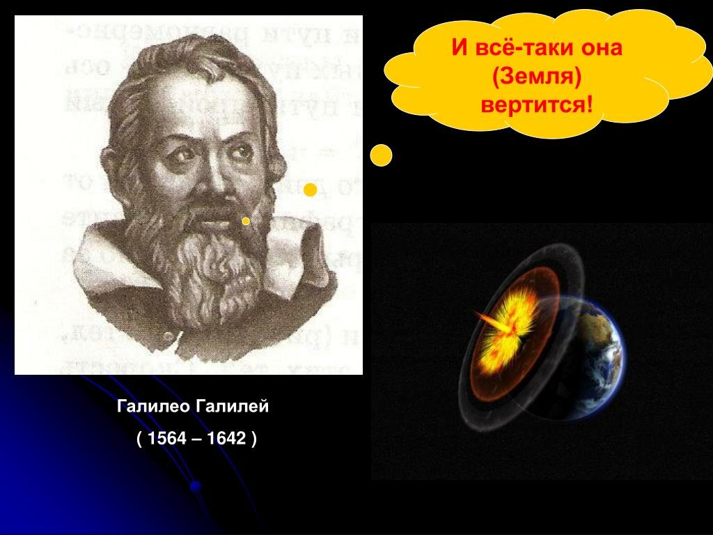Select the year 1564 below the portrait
point(163,440)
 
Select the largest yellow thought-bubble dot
point(381,155)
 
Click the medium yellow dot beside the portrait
point(311,190)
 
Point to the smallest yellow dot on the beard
point(246,221)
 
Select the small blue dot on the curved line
point(196,486)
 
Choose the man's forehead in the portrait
point(202,104)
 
